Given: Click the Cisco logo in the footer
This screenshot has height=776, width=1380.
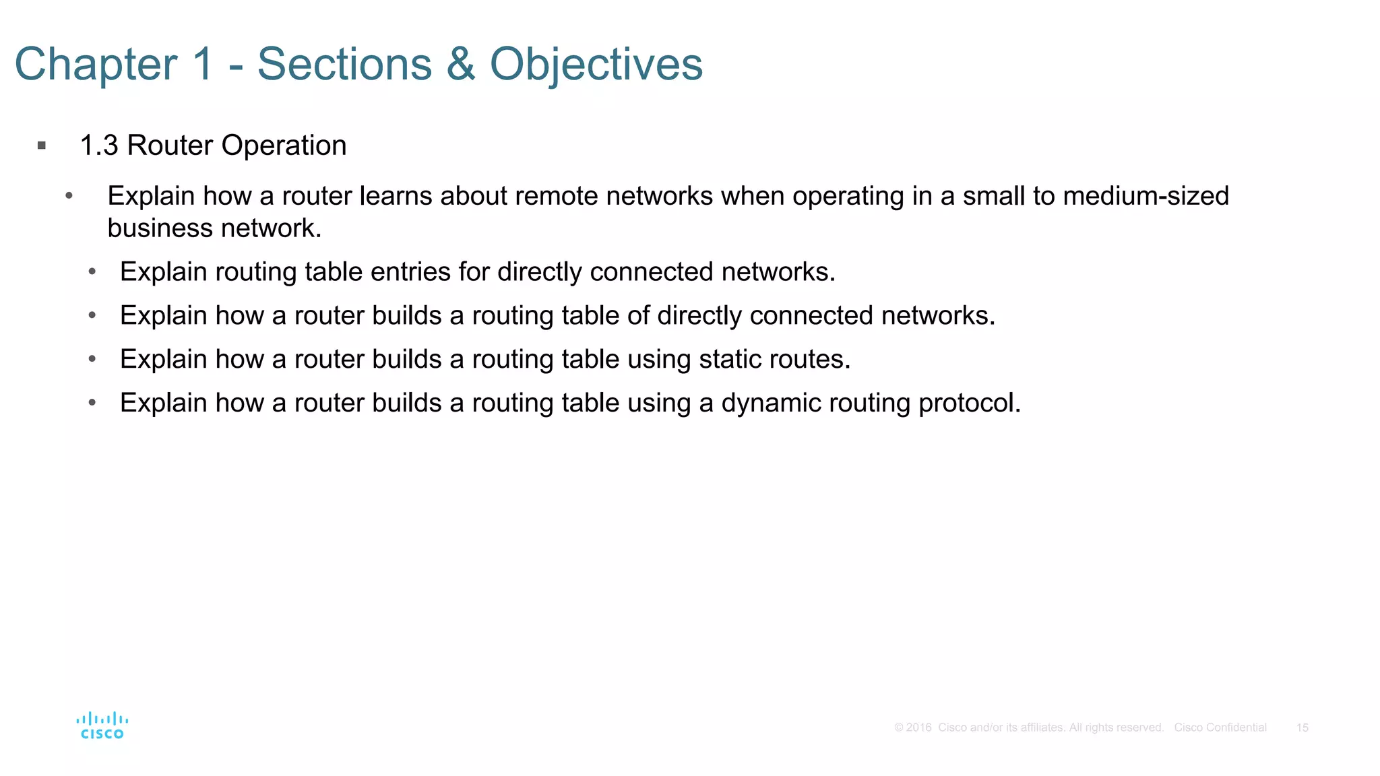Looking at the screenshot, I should click(102, 726).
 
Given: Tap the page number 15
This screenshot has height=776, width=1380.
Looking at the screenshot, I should click(1302, 727).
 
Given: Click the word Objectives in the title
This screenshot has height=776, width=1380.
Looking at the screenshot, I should click(596, 65).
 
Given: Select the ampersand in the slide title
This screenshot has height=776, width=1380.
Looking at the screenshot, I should click(460, 65).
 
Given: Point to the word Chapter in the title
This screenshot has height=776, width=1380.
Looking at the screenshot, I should click(96, 65).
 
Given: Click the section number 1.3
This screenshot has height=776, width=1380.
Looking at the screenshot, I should click(99, 145).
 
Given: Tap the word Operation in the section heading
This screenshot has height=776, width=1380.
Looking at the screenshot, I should click(284, 145).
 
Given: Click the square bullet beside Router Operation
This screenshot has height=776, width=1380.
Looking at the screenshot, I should click(42, 145).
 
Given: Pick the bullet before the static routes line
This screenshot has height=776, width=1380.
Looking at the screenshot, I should click(92, 359).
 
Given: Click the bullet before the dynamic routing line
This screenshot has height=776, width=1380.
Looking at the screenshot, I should click(92, 403).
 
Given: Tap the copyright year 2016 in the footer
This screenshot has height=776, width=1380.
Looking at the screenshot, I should click(918, 727).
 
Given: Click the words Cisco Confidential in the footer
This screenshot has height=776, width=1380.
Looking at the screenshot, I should click(1220, 727).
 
